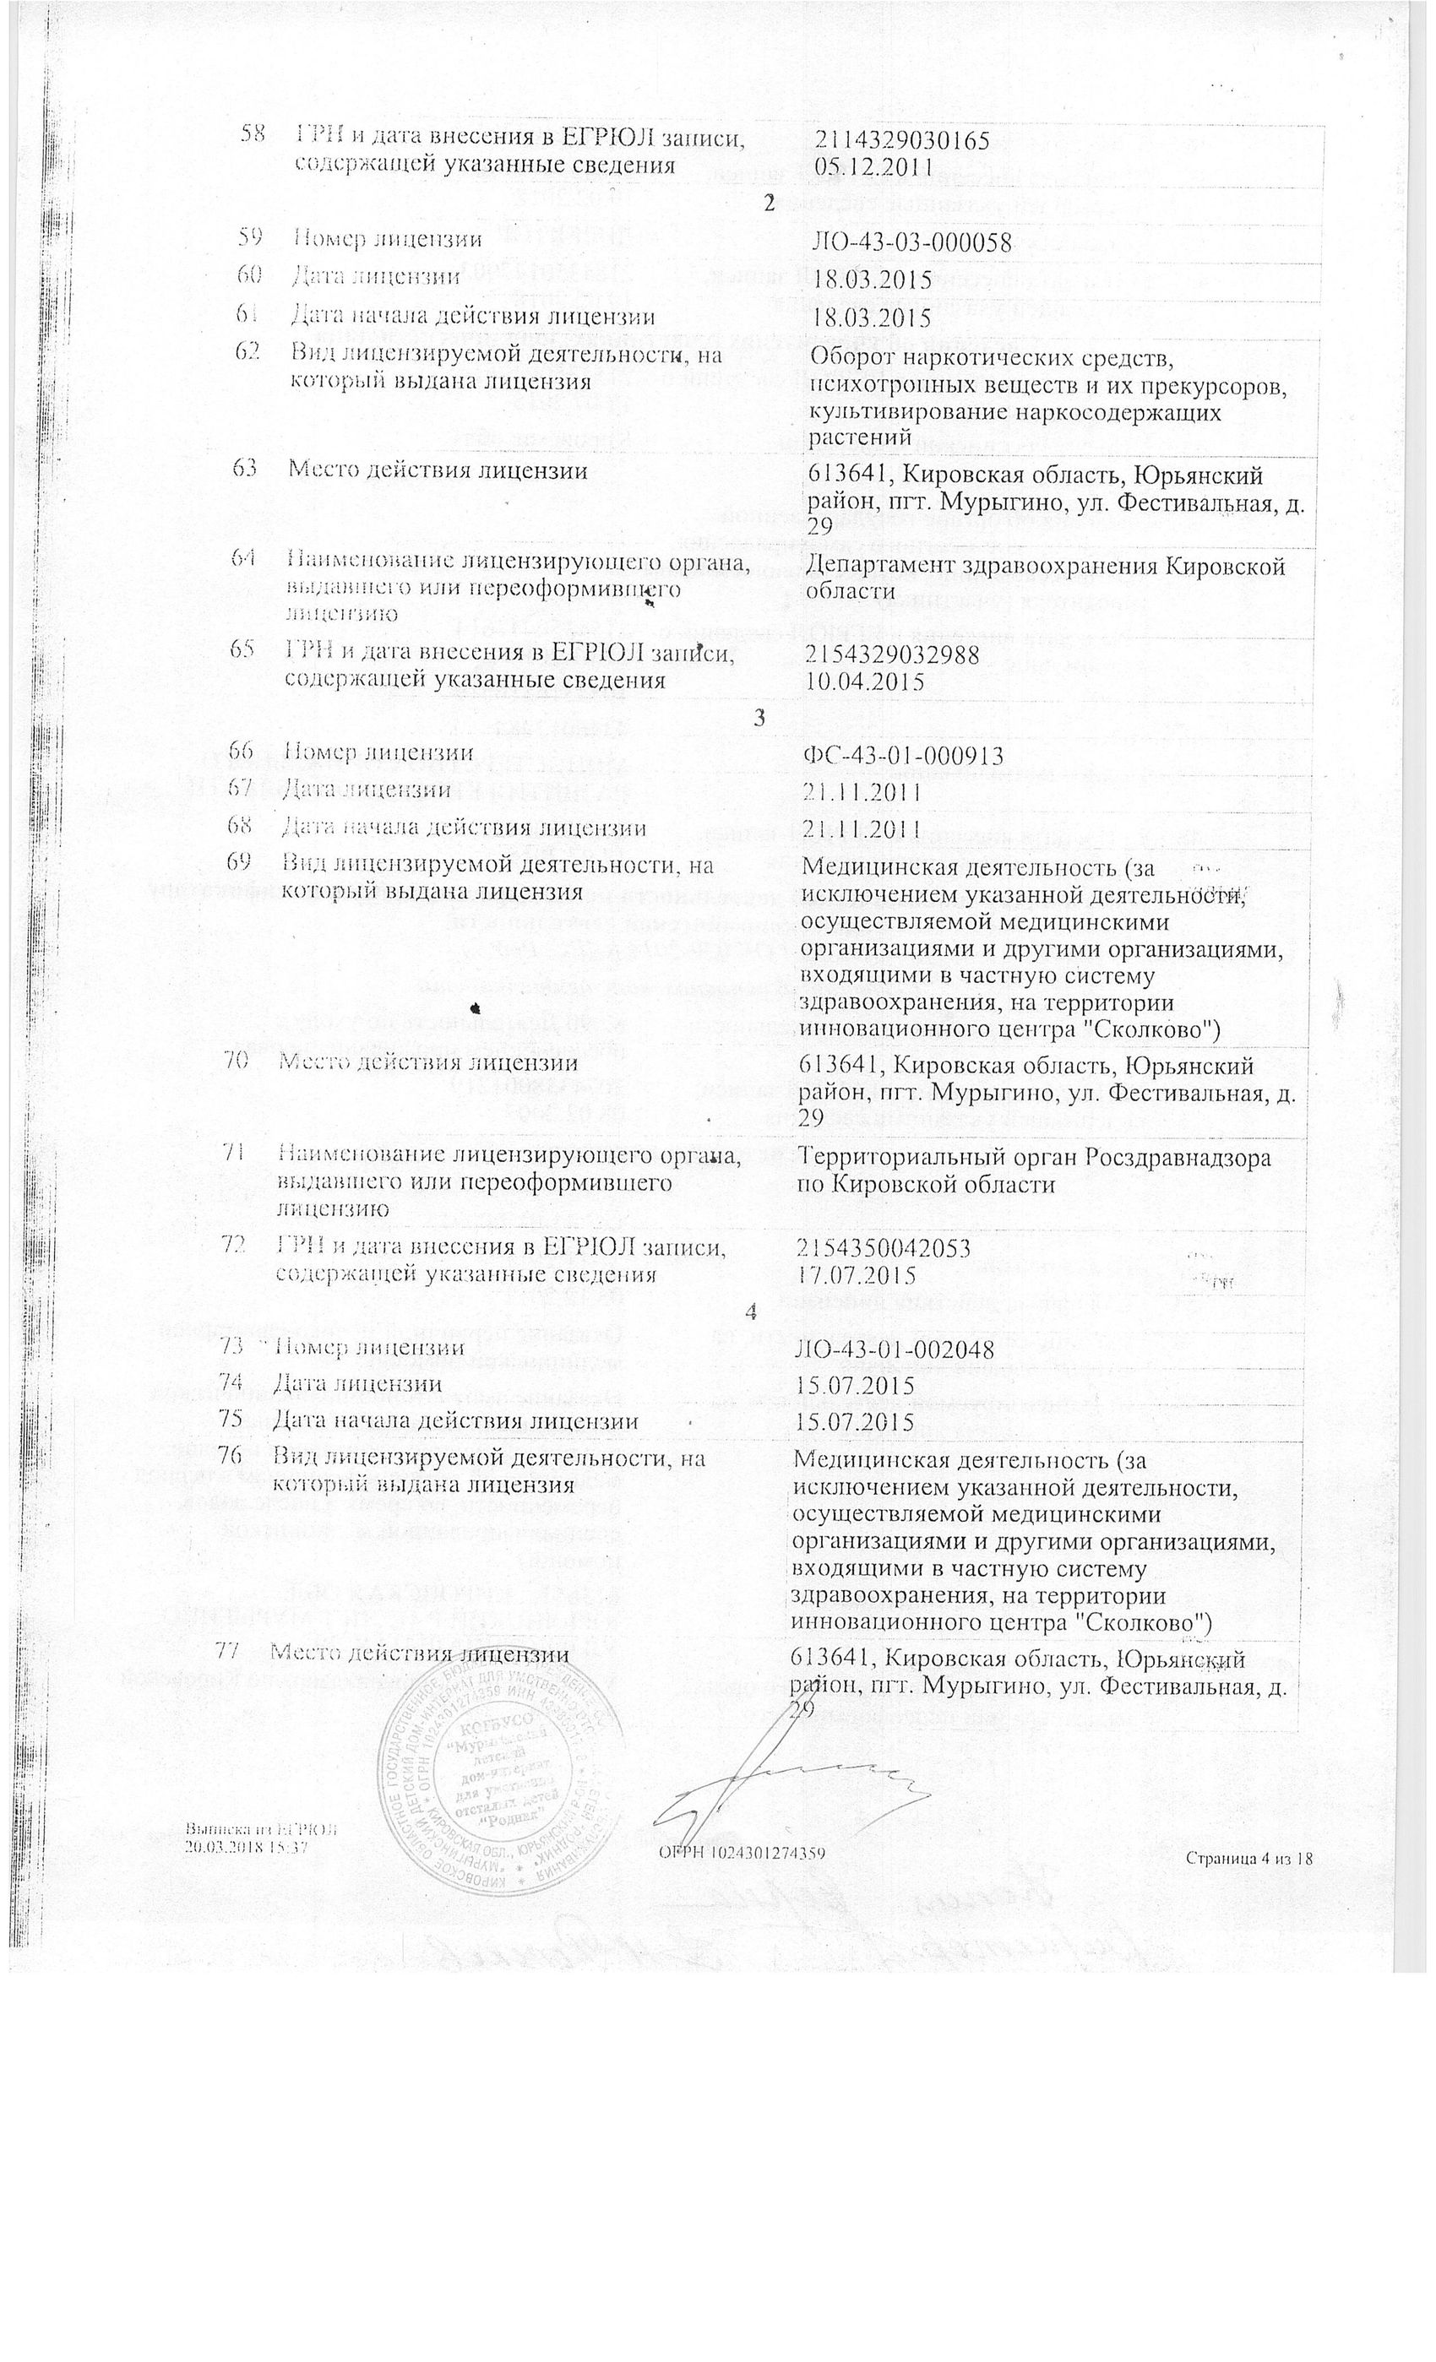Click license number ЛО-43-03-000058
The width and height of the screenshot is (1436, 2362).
[911, 242]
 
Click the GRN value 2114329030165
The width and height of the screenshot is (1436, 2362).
[902, 141]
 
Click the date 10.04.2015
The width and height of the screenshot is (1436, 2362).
[866, 682]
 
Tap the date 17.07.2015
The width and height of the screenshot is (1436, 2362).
[856, 1276]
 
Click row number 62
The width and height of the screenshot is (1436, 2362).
[249, 353]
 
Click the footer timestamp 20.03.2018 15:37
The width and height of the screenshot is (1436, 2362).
[247, 1849]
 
